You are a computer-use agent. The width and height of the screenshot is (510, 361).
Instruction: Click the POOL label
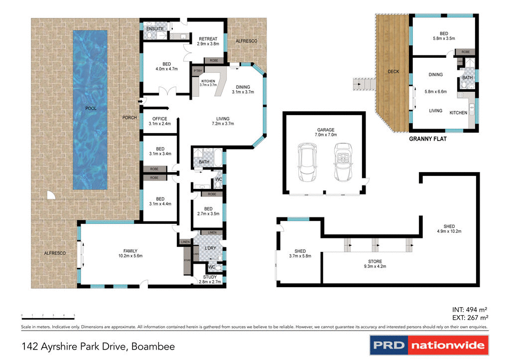point(90,108)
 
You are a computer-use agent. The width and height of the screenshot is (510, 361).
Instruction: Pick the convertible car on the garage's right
point(343,163)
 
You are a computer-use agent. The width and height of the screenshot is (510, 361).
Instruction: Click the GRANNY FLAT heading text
point(427,139)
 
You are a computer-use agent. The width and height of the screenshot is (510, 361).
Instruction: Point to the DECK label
point(393,72)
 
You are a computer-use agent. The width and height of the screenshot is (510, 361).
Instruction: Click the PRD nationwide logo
point(429,345)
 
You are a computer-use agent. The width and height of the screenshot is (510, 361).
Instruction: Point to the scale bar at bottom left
point(48,316)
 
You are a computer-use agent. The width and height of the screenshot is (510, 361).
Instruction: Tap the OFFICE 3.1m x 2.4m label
point(159,121)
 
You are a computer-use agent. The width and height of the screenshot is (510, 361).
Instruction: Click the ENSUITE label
point(155,29)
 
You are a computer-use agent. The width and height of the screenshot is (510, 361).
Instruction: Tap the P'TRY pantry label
point(198,71)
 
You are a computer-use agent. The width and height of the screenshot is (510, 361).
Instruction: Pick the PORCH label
point(129,118)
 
